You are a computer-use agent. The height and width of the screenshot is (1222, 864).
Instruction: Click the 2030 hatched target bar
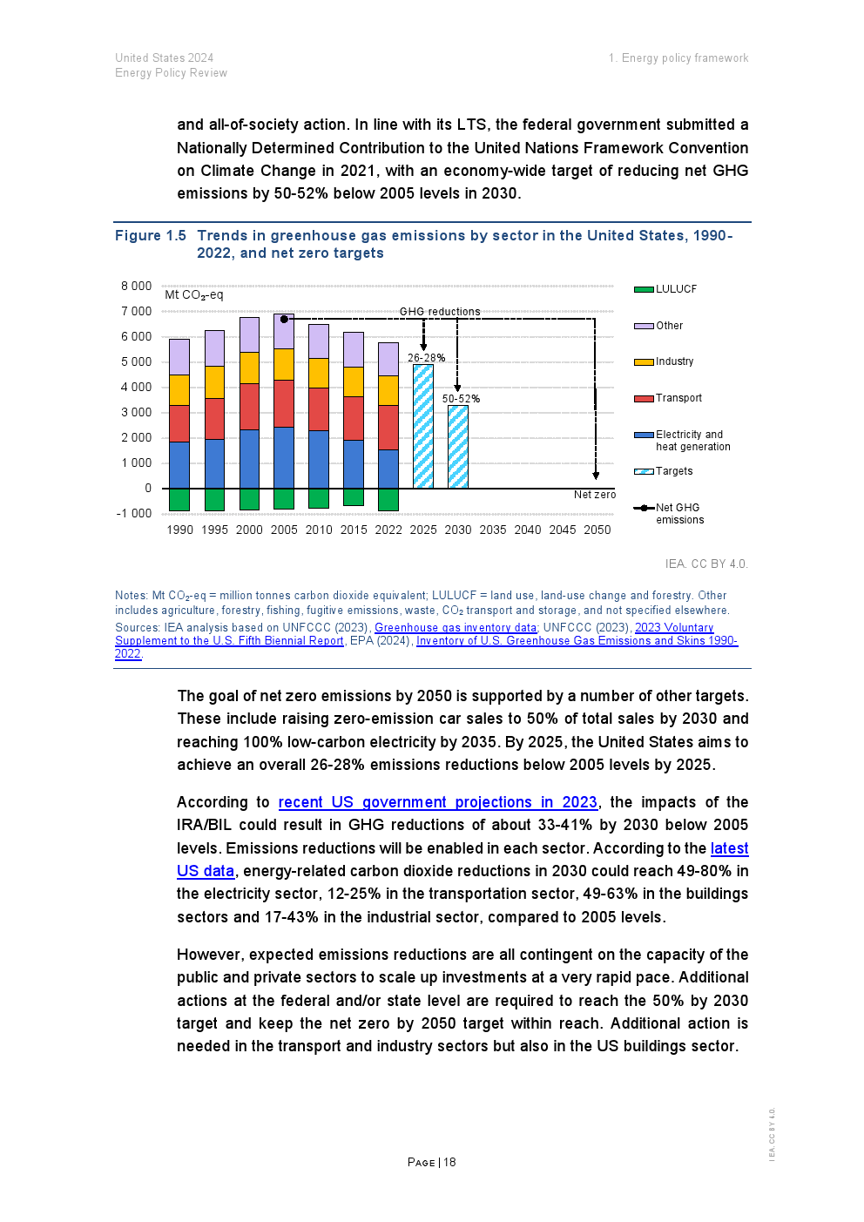[x=458, y=447]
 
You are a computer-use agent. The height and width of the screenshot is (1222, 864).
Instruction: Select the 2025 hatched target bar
[x=423, y=426]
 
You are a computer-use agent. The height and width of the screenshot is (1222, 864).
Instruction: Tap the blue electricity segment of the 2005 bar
[x=284, y=457]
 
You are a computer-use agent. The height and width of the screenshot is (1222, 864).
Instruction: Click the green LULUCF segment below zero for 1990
[x=179, y=499]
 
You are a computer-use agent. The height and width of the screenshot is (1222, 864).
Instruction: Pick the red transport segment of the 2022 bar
[x=388, y=427]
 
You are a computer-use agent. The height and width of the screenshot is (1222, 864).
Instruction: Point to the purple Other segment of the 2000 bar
[x=249, y=334]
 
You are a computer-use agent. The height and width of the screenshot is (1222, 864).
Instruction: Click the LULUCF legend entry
[x=676, y=289]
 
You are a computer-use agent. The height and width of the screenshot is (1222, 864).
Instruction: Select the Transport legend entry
[x=678, y=398]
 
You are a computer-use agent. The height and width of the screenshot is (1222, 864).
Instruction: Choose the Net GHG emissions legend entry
[x=678, y=514]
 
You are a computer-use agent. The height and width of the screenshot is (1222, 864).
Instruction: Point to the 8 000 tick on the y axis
[x=137, y=286]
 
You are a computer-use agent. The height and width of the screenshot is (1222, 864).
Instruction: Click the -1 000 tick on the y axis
[x=134, y=513]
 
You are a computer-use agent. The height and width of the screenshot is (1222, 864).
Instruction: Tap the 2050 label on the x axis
[x=597, y=530]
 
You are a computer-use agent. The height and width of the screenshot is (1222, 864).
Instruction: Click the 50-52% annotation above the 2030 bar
[x=461, y=399]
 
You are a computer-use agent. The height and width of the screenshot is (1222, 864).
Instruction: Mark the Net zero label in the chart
[x=595, y=495]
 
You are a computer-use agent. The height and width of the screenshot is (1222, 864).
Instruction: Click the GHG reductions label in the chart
[x=440, y=312]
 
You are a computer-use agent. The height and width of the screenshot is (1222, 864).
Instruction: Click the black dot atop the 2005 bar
[x=284, y=320]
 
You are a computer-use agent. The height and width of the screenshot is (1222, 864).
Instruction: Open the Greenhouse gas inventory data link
[x=456, y=627]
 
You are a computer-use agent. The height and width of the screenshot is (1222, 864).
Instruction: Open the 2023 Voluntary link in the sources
[x=674, y=627]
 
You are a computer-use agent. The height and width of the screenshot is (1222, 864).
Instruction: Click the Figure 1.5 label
[x=151, y=236]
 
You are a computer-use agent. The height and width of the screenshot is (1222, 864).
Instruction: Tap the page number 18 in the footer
[x=449, y=1162]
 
